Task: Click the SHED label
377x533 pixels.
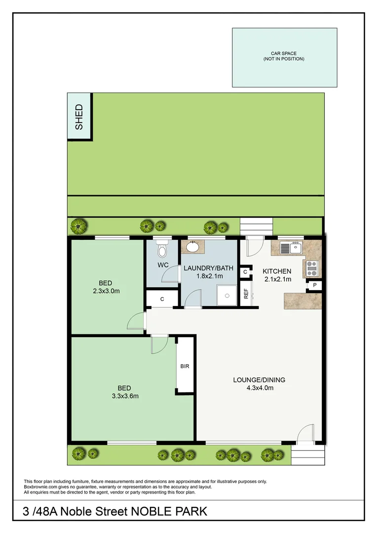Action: pos(79,117)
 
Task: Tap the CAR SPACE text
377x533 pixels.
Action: pos(284,53)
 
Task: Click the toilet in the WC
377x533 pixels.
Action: pos(161,250)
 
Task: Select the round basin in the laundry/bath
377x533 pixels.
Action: pos(192,247)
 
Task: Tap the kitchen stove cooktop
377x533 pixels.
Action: pos(312,268)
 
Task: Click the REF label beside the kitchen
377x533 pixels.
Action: pos(245,294)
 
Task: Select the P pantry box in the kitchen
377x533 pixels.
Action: pos(314,285)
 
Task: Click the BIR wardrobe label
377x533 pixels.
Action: pos(185,367)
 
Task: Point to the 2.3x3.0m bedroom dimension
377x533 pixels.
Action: pos(106,291)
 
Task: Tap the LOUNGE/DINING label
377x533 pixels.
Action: pos(259,380)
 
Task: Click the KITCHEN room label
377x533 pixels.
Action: pos(276,271)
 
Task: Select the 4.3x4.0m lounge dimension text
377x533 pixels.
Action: pos(259,388)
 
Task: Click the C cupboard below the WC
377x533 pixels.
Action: pos(162,299)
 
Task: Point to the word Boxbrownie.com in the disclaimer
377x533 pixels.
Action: pos(38,487)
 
